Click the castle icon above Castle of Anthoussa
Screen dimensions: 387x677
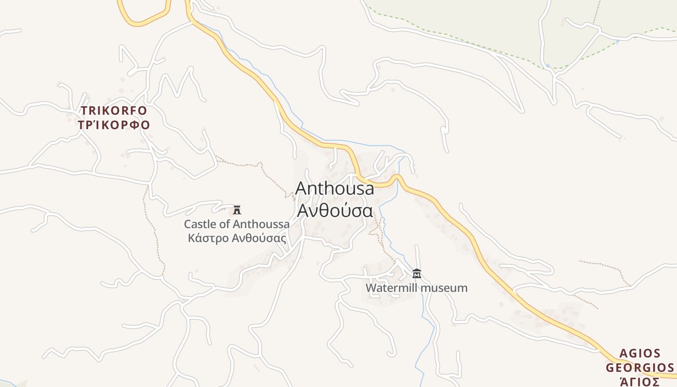pos(237,210)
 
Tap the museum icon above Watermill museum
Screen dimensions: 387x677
pos(417,274)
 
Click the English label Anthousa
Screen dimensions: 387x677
pos(335,188)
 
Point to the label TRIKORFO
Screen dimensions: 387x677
pos(114,111)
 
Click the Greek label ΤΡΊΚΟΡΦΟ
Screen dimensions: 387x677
pos(114,125)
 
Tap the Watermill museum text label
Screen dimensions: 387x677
pos(416,288)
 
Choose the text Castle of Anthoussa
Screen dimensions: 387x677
pos(237,224)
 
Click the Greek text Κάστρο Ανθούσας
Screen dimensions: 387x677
pos(237,238)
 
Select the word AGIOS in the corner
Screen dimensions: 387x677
pos(640,353)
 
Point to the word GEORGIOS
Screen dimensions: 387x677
pos(639,368)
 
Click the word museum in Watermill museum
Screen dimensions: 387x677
pos(444,288)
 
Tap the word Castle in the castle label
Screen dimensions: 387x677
pos(200,224)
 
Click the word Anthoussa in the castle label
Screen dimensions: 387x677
pos(262,224)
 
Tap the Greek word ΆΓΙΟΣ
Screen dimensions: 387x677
pos(640,382)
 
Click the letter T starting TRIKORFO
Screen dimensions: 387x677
pos(84,111)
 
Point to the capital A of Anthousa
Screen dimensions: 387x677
pos(301,188)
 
